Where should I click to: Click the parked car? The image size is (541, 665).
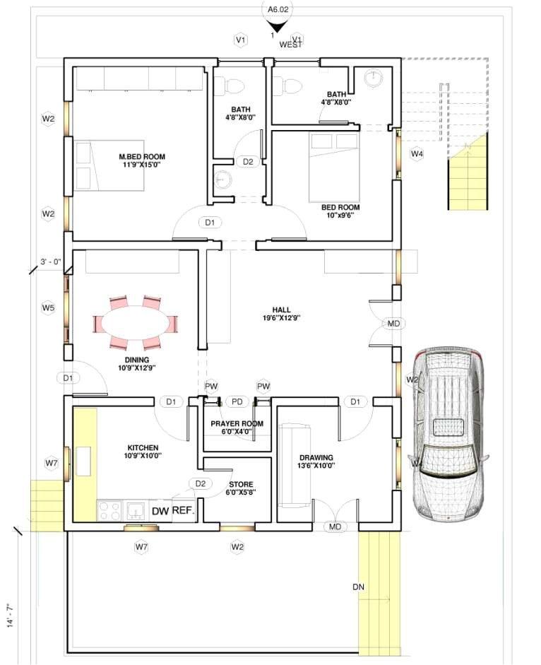(x=449, y=435)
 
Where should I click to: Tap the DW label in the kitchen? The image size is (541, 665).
(x=159, y=510)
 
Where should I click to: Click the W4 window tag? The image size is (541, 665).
(x=417, y=153)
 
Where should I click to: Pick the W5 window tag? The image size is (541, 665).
(x=47, y=307)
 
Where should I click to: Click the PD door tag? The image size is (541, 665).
(x=237, y=402)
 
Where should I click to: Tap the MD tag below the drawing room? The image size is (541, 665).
(x=334, y=527)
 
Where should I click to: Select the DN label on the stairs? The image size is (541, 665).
(x=358, y=587)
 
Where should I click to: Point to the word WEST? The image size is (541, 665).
(x=290, y=45)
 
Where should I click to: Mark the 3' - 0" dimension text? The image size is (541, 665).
(x=51, y=261)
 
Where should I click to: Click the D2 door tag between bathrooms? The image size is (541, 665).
(x=248, y=162)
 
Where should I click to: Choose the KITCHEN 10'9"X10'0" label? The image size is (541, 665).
(x=143, y=452)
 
